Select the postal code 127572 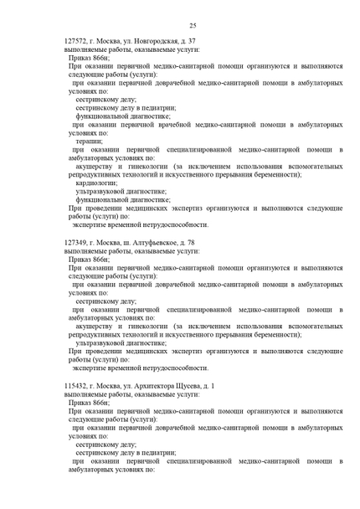click(79, 41)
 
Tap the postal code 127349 click(79, 241)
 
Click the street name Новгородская click(158, 41)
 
